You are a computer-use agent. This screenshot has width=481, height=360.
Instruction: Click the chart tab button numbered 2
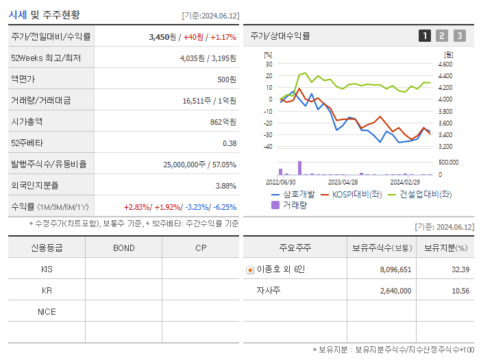click(x=442, y=36)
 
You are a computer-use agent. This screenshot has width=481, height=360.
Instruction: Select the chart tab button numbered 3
click(x=459, y=36)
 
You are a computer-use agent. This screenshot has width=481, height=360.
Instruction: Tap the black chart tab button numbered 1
click(x=425, y=36)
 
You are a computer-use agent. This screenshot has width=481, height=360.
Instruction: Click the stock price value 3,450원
click(x=162, y=37)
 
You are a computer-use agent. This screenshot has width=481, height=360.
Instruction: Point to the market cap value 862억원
click(x=224, y=122)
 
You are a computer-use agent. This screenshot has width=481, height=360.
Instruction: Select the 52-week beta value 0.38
click(x=230, y=143)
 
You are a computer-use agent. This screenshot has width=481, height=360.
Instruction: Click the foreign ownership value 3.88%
click(x=225, y=186)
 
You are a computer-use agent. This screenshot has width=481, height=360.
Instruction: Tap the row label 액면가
click(x=23, y=80)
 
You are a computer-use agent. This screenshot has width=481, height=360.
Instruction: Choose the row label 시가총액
click(x=27, y=122)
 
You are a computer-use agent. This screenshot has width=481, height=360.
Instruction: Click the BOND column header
click(x=123, y=248)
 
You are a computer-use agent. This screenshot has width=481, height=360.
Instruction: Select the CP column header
click(x=201, y=248)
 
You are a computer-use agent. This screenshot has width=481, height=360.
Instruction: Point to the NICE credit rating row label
click(x=47, y=312)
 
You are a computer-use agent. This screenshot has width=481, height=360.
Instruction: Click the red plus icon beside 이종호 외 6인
click(x=250, y=270)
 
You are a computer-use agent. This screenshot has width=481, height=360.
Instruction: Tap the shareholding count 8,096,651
click(x=395, y=270)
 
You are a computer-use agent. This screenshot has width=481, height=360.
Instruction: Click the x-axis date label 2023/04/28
click(x=343, y=182)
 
